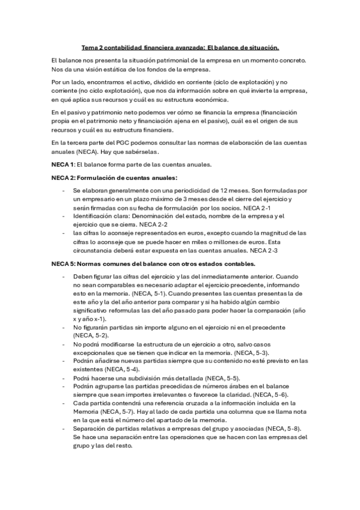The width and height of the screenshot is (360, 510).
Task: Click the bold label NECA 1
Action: coord(63,164)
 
